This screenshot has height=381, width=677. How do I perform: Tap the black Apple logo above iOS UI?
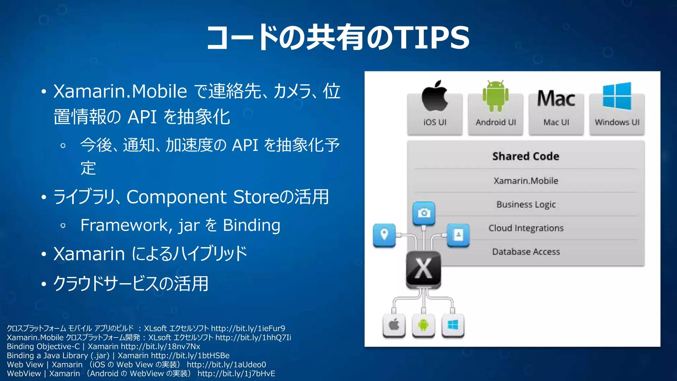coord(435,97)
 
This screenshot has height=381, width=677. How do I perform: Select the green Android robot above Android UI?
coord(495,96)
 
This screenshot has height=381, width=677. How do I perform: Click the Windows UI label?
coord(617,122)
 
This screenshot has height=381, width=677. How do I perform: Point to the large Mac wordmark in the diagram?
coord(556,99)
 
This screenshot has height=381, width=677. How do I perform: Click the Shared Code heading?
coord(526,156)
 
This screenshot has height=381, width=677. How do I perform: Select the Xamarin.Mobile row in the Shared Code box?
coord(526,181)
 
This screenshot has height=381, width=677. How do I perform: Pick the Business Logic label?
coord(526,205)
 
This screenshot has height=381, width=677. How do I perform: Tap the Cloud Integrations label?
coord(526,228)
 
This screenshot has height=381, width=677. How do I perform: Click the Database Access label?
coord(526,252)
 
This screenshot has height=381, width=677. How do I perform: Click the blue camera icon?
coord(424,213)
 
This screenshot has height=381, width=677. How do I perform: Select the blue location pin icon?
coord(384,235)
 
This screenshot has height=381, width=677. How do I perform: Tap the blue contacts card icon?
coord(458,235)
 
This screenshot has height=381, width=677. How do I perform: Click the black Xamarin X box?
coord(423,269)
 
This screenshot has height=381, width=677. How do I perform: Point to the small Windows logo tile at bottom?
coord(453,325)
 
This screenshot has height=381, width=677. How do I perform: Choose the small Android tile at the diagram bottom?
coord(423,325)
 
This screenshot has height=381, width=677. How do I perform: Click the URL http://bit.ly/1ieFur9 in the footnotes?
coord(248,328)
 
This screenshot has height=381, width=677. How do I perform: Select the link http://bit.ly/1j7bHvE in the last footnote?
coord(236,374)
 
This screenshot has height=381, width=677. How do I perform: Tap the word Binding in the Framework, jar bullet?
coord(251,226)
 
